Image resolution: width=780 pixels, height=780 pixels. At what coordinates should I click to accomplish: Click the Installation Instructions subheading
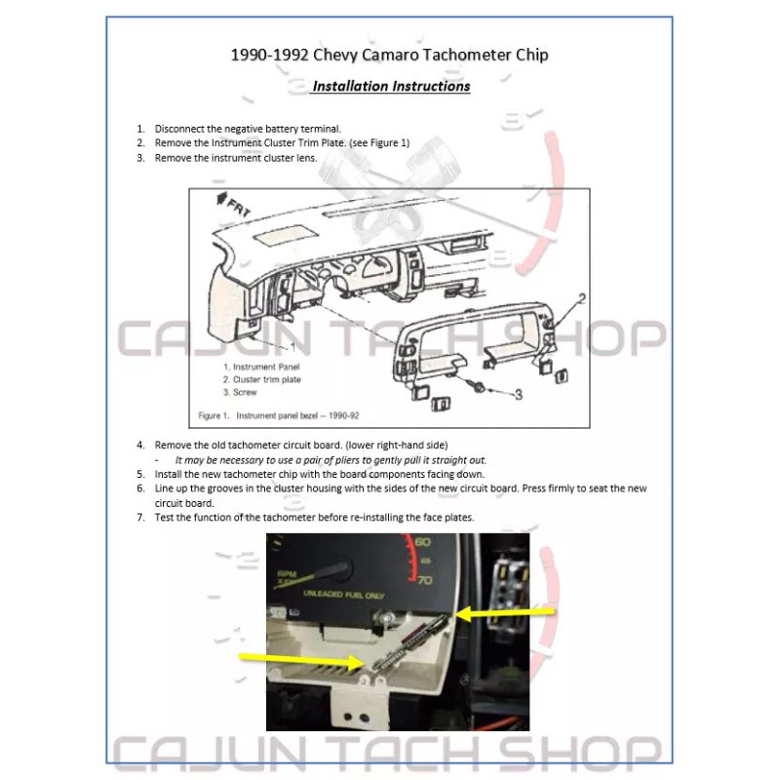click(391, 87)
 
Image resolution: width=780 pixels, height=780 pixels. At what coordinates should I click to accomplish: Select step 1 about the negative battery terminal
click(248, 129)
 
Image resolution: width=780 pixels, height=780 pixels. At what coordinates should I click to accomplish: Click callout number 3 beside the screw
click(518, 394)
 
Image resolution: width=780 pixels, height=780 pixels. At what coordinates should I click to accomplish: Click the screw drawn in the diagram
click(480, 387)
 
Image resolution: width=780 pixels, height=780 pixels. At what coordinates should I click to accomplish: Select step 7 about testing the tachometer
click(314, 517)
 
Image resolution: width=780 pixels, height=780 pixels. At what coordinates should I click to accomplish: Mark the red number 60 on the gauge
click(422, 542)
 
